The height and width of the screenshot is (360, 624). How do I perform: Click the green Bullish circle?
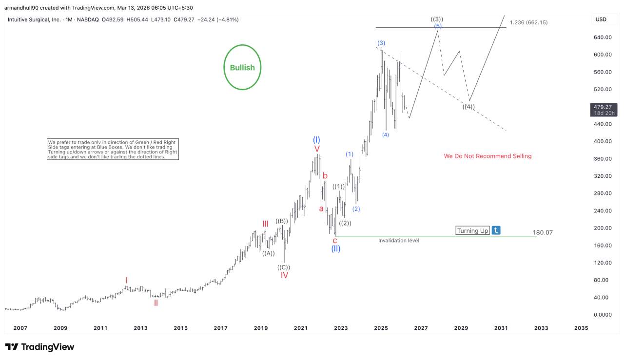pyautogui.click(x=242, y=68)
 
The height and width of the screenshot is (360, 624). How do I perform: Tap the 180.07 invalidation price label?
pyautogui.click(x=543, y=233)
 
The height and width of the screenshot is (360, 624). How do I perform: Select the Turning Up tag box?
pyautogui.click(x=472, y=230)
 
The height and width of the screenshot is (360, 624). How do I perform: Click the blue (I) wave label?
pyautogui.click(x=316, y=140)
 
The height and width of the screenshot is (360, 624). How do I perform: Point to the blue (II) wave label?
pyautogui.click(x=336, y=248)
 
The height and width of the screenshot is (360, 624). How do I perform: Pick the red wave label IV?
pyautogui.click(x=284, y=275)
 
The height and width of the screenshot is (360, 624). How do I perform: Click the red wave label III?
pyautogui.click(x=265, y=224)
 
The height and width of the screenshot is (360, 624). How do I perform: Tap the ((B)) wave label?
pyautogui.click(x=282, y=221)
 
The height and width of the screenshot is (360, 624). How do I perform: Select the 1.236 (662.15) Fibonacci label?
pyautogui.click(x=528, y=22)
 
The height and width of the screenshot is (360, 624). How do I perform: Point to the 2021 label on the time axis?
pyautogui.click(x=301, y=328)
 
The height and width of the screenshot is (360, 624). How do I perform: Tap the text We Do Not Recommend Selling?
pyautogui.click(x=487, y=156)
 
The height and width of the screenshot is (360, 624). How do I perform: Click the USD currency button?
pyautogui.click(x=600, y=19)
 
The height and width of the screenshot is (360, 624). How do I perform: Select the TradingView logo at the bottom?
pyautogui.click(x=39, y=347)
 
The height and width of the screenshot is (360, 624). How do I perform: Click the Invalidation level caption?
pyautogui.click(x=399, y=241)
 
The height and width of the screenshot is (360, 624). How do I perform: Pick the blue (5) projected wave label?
pyautogui.click(x=438, y=26)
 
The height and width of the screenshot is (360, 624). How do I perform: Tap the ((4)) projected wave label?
pyautogui.click(x=468, y=107)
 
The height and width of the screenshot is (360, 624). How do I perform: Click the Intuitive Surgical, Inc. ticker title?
pyautogui.click(x=34, y=19)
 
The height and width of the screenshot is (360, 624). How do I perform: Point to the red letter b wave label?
pyautogui.click(x=325, y=176)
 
